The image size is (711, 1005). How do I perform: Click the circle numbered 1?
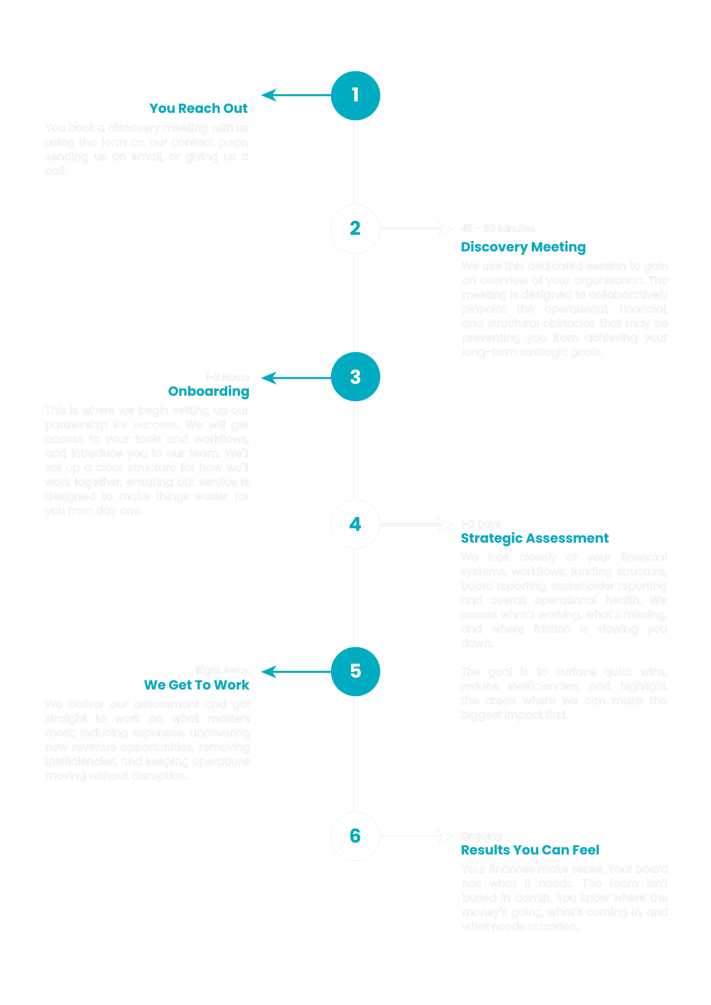coord(355,95)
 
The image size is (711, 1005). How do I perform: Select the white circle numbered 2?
coord(355,229)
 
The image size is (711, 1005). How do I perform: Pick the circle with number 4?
coord(355,524)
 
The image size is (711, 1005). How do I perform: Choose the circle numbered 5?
coord(355,671)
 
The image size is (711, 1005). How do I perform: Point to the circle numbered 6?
coord(355,836)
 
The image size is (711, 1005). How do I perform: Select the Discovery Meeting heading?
coord(523,247)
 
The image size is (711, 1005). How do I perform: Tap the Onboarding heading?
coord(208,391)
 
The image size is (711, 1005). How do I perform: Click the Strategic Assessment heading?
coord(534,538)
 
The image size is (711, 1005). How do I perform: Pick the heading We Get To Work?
coord(197,685)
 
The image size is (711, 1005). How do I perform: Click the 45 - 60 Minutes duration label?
coord(498,228)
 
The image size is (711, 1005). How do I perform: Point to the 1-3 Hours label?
coord(227,377)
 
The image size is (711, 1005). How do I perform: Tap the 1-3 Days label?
coord(481,524)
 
